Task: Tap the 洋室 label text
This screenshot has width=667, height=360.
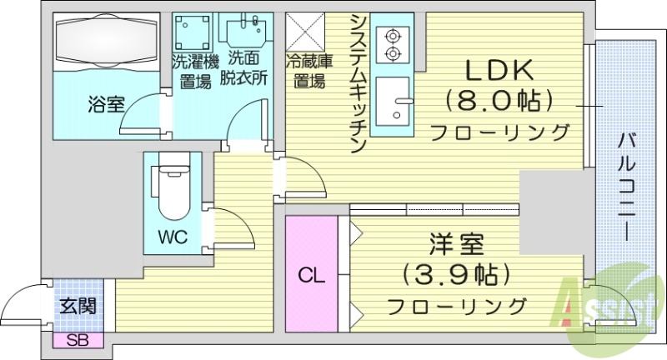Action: pyautogui.click(x=455, y=246)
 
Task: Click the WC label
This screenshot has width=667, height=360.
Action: pyautogui.click(x=173, y=236)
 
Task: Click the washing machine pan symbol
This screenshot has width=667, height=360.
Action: pyautogui.click(x=193, y=31)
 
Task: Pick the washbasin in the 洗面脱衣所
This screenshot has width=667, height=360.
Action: pyautogui.click(x=244, y=32)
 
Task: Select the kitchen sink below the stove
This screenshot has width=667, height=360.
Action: pyautogui.click(x=394, y=105)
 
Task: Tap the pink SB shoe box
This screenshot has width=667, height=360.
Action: pyautogui.click(x=78, y=339)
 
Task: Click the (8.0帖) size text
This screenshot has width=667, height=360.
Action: pyautogui.click(x=500, y=102)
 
